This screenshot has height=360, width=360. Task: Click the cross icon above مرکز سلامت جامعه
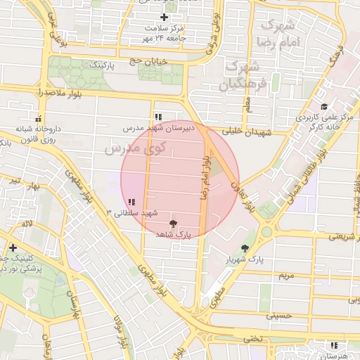(x=164, y=17)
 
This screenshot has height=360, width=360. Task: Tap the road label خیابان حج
(x=148, y=62)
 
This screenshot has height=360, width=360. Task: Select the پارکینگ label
(x=101, y=65)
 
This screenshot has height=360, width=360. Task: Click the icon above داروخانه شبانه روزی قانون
(x=38, y=119)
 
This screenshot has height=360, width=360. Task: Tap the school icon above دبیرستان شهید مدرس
(x=157, y=117)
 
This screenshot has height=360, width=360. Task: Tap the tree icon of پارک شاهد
(x=174, y=222)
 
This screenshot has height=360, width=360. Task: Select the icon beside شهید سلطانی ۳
(x=131, y=202)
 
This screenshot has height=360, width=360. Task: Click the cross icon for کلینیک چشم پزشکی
(x=13, y=247)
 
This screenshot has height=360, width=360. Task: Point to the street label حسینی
(x=278, y=316)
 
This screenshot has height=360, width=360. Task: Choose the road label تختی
(x=252, y=338)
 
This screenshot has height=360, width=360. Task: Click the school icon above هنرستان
(x=333, y=345)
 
